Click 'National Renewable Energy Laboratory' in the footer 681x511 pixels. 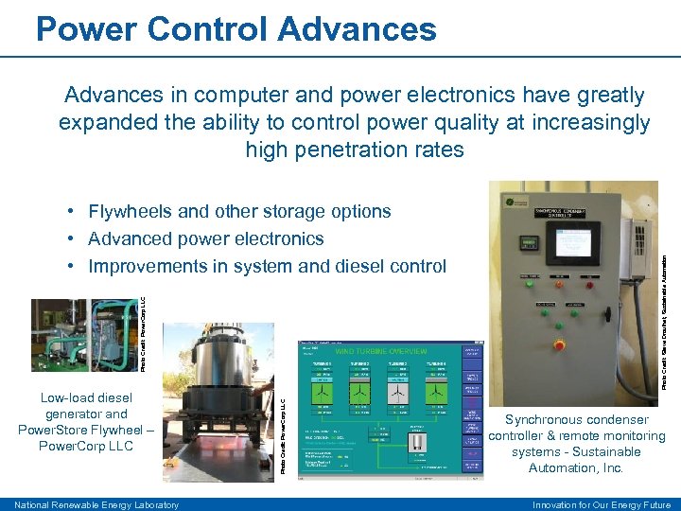coord(97,505)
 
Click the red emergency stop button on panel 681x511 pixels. coord(559,345)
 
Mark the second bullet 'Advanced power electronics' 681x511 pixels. coord(205,238)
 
